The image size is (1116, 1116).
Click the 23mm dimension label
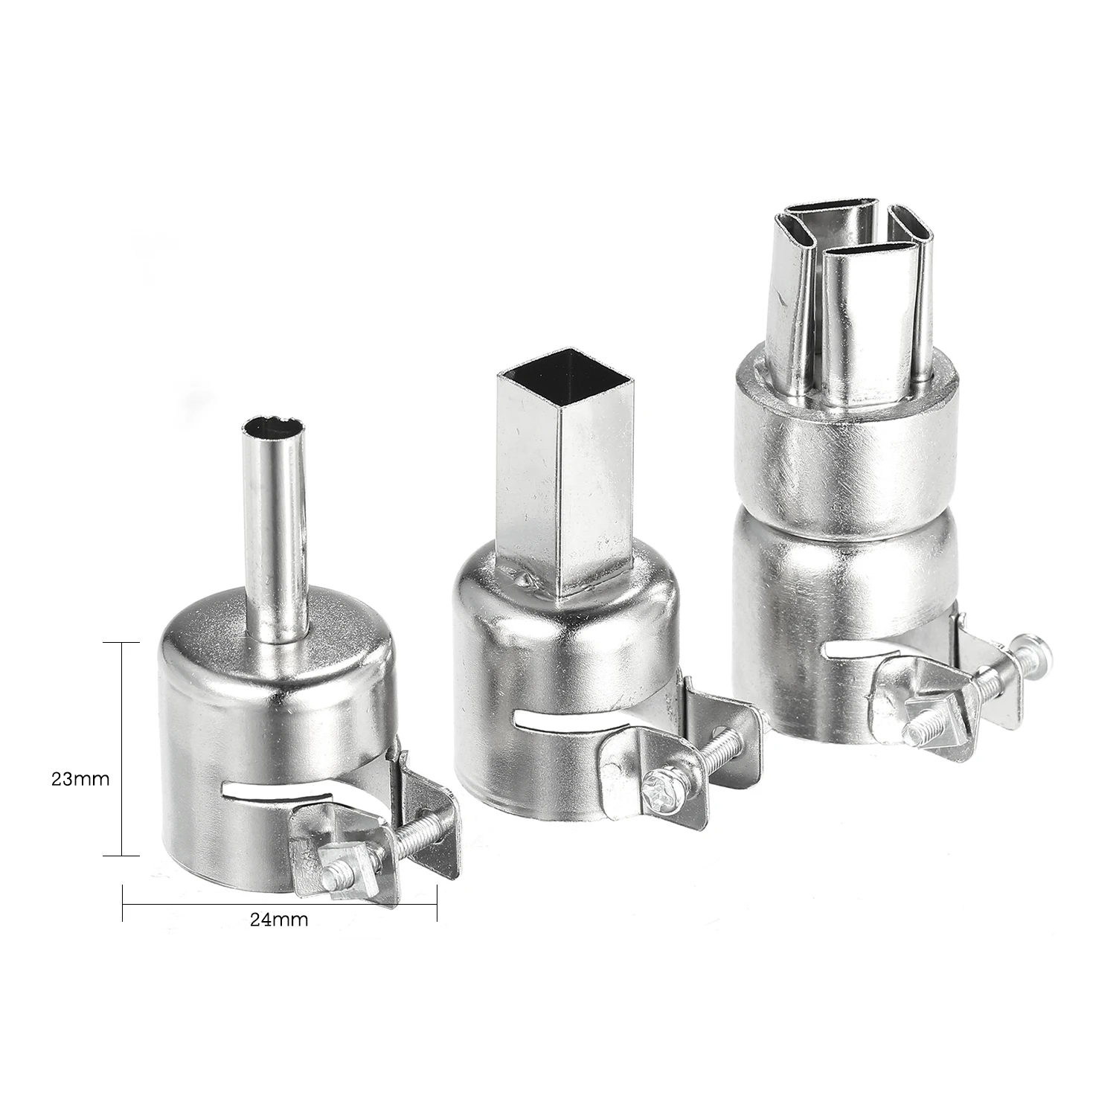coord(80,759)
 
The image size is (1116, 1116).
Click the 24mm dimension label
coord(279,919)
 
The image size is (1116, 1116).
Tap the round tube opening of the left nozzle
coord(275,429)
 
